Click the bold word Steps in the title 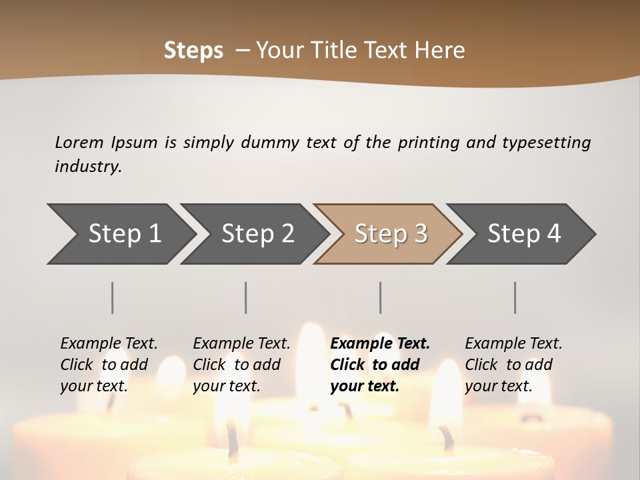(x=193, y=51)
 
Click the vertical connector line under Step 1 (x=113, y=297)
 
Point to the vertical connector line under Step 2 (x=246, y=297)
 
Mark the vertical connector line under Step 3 (x=381, y=297)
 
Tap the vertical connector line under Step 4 (x=515, y=297)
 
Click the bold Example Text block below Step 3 (x=380, y=365)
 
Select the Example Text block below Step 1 (x=109, y=365)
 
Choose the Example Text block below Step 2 (x=241, y=365)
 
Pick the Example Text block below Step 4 (x=513, y=365)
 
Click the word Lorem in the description (x=79, y=142)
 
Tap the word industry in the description (x=88, y=167)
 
